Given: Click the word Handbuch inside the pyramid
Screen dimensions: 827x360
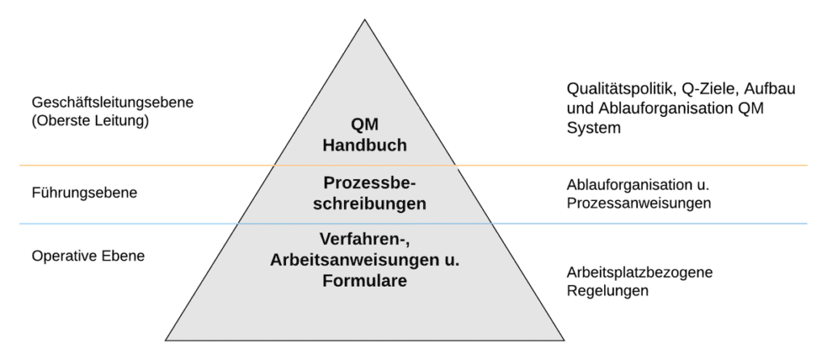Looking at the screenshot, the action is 364,145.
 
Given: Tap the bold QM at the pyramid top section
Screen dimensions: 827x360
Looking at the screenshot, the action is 364,125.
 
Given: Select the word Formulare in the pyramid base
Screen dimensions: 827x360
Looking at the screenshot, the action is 364,281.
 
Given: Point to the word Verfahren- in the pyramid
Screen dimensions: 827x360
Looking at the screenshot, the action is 365,240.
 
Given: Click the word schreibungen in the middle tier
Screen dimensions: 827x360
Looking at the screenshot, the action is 369,204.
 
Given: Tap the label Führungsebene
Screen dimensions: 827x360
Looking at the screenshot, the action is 84,193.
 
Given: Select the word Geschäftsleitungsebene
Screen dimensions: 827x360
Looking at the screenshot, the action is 113,103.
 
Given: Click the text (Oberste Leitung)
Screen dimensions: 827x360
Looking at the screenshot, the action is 90,121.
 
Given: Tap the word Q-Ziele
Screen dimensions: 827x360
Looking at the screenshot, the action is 697,89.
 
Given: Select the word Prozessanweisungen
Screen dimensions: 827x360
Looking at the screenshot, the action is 639,203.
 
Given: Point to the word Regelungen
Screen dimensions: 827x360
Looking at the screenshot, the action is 607,291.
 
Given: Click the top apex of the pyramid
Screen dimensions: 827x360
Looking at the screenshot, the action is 364,20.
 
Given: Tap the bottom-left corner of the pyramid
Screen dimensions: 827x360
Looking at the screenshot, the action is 166,340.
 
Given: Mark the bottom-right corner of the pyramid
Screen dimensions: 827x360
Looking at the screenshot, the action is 564,340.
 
